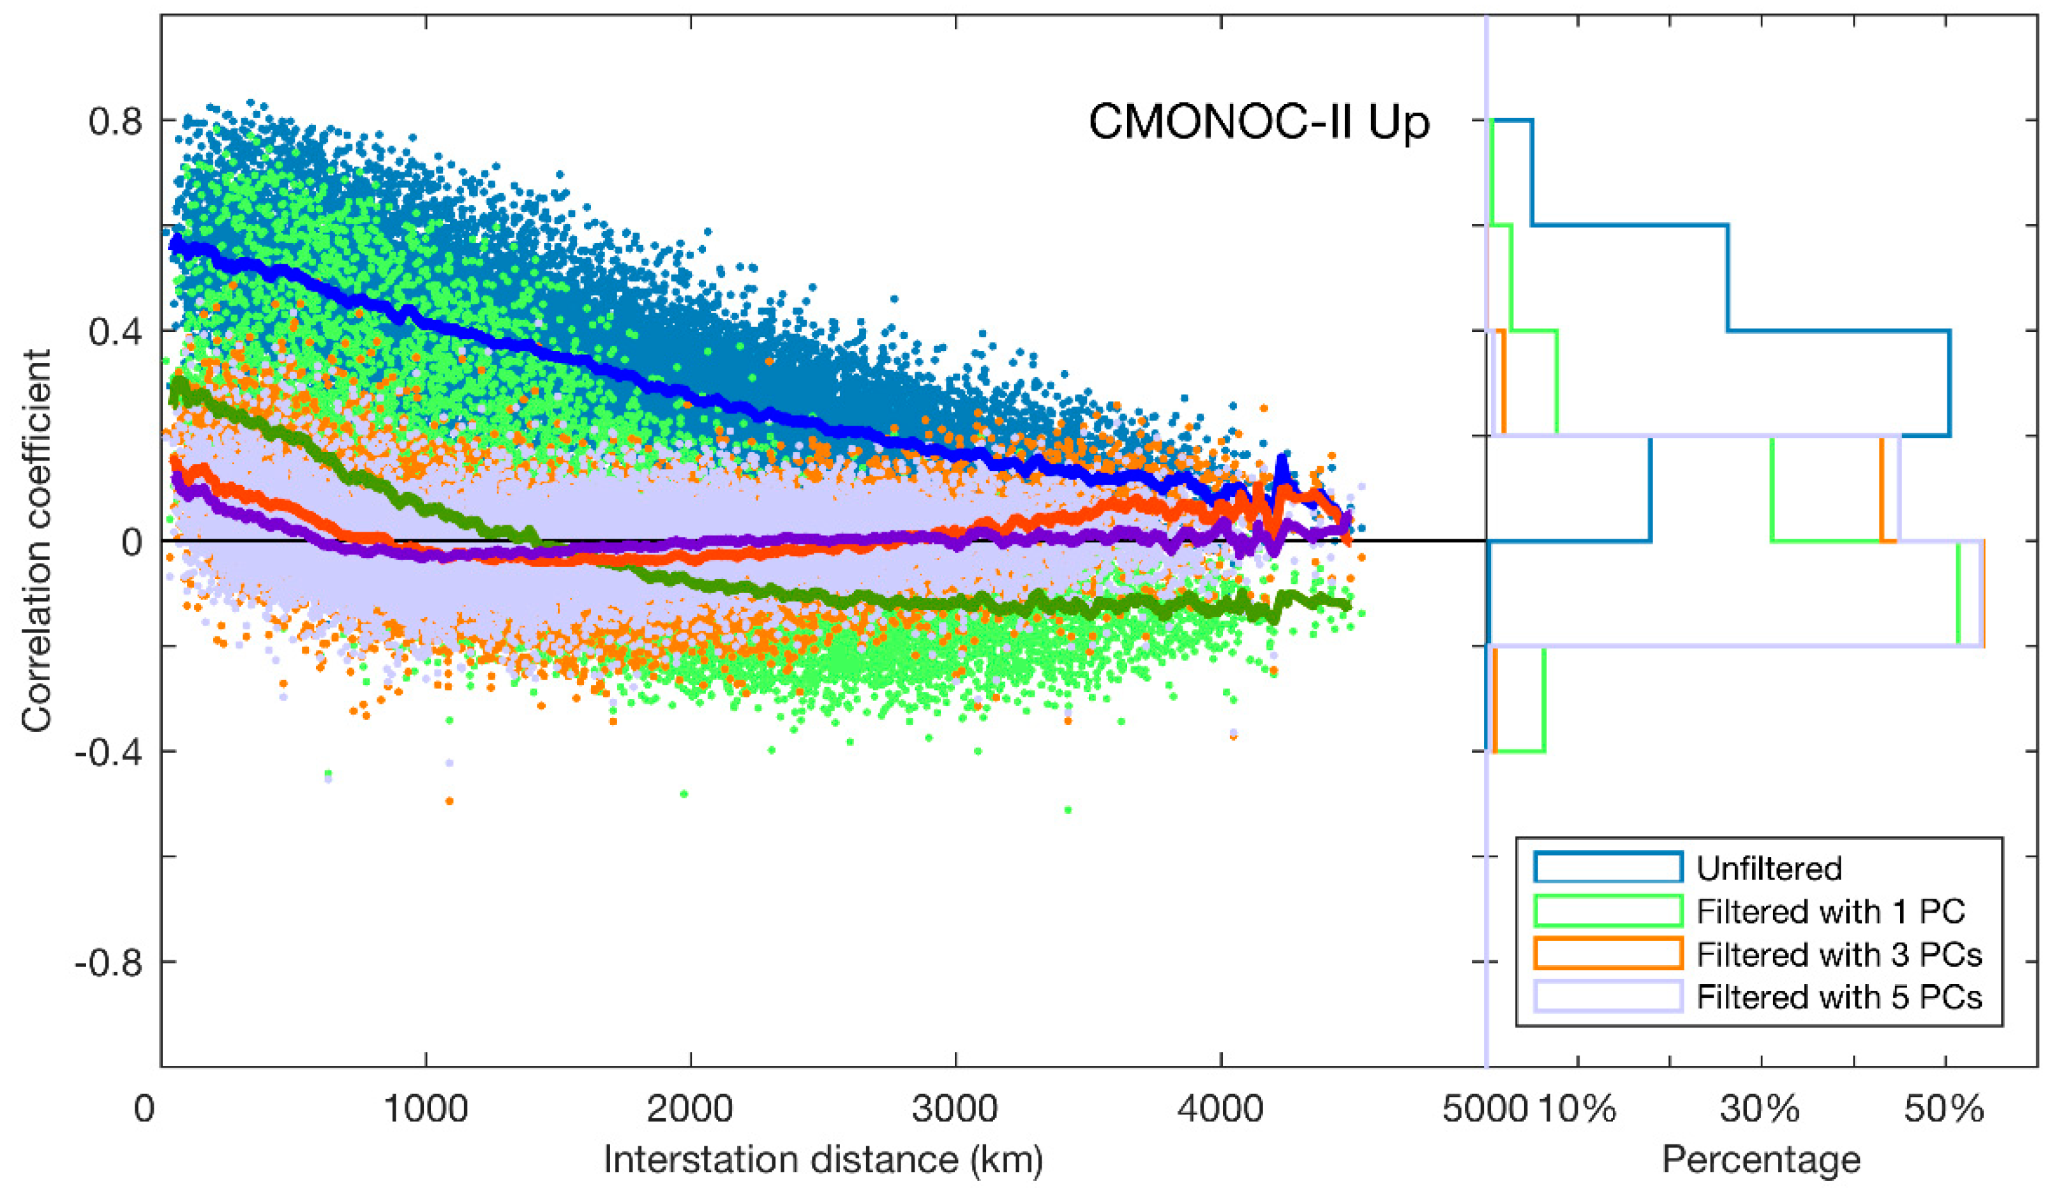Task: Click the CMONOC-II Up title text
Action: tap(1259, 124)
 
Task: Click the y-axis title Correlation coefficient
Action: tap(36, 540)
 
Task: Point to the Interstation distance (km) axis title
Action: tap(823, 1159)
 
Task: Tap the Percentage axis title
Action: tap(1760, 1159)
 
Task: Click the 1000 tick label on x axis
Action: tap(425, 1109)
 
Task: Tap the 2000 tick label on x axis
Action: tap(691, 1109)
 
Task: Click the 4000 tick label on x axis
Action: tap(1220, 1109)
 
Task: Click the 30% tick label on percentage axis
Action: tap(1760, 1109)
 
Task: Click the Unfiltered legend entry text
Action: tap(1769, 869)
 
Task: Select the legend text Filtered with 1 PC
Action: tap(1831, 911)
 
